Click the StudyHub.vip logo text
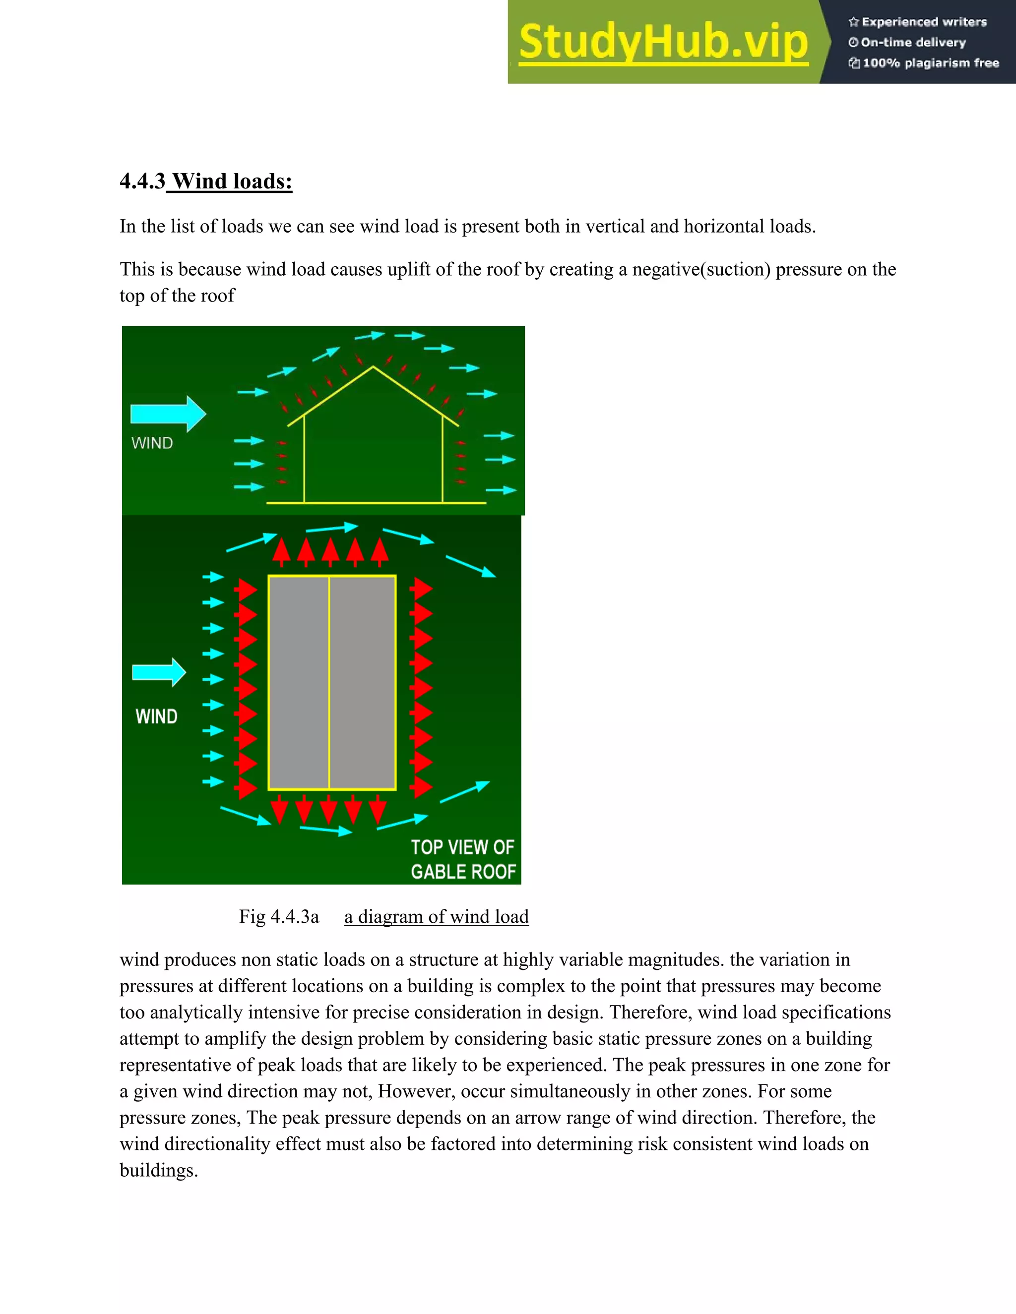pyautogui.click(x=663, y=42)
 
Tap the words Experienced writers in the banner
pyautogui.click(x=924, y=22)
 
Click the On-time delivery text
pyautogui.click(x=912, y=43)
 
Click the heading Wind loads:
pyautogui.click(x=232, y=181)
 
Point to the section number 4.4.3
pyautogui.click(x=142, y=181)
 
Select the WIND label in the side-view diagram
pyautogui.click(x=152, y=443)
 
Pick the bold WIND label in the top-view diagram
pyautogui.click(x=156, y=717)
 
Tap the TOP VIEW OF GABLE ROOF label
pyautogui.click(x=463, y=860)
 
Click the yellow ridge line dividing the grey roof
pyautogui.click(x=329, y=682)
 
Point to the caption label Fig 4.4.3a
pyautogui.click(x=279, y=917)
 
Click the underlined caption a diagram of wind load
pyautogui.click(x=437, y=917)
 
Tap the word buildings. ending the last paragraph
pyautogui.click(x=158, y=1170)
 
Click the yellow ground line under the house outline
pyautogui.click(x=376, y=502)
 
